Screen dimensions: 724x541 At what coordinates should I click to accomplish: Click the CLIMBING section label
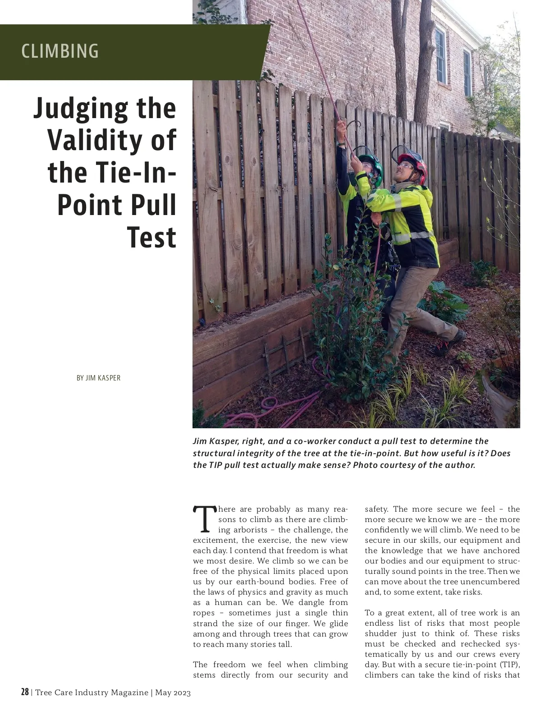[60, 51]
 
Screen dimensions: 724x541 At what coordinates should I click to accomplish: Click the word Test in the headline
[151, 237]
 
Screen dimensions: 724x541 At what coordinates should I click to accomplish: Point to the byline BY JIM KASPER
[98, 378]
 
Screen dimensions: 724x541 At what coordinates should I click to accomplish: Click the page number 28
[25, 692]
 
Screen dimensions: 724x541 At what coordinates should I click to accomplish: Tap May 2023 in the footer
[173, 693]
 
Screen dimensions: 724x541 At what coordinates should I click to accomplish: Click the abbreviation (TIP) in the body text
[509, 665]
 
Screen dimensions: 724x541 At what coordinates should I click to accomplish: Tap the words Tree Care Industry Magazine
[92, 693]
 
